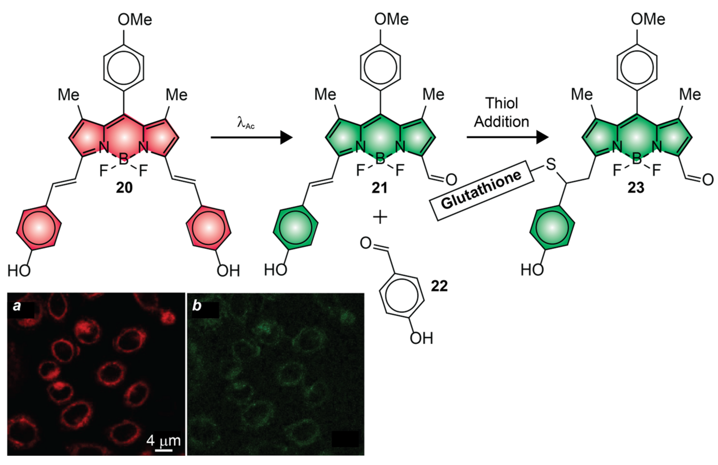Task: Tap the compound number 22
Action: click(439, 286)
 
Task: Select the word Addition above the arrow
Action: click(501, 122)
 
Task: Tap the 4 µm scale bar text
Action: click(164, 441)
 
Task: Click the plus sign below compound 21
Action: click(380, 217)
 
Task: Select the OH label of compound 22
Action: click(421, 338)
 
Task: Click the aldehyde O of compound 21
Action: click(451, 180)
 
